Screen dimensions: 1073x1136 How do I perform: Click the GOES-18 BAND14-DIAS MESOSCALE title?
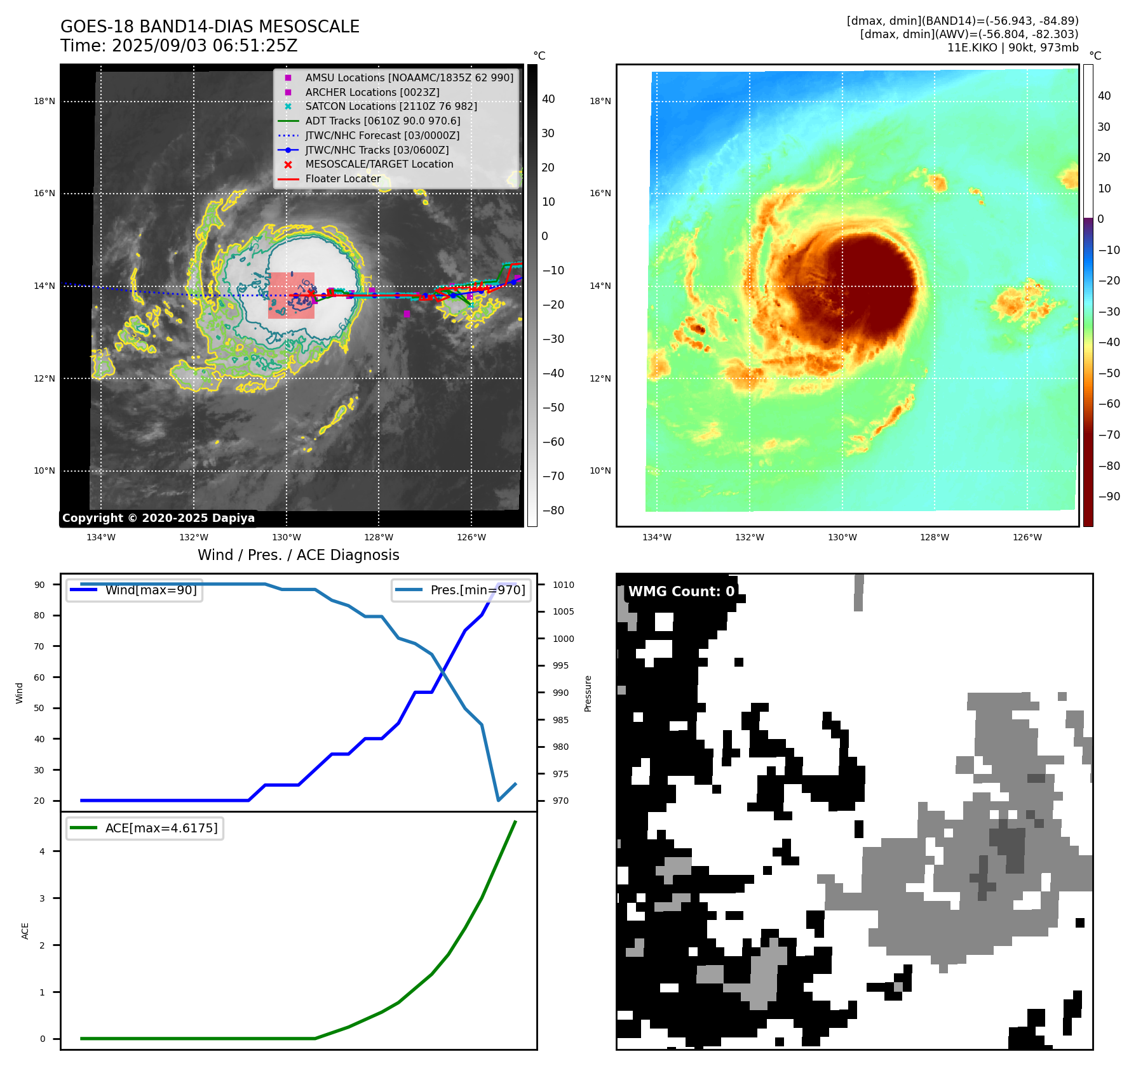pyautogui.click(x=210, y=27)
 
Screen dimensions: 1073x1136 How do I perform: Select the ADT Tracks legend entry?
pyautogui.click(x=382, y=121)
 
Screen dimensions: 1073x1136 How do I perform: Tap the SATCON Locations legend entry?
pyautogui.click(x=391, y=106)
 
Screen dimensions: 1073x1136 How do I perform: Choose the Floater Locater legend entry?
pyautogui.click(x=342, y=178)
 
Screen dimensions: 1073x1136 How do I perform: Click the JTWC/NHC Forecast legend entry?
pyautogui.click(x=382, y=135)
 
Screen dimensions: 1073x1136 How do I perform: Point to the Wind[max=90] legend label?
pyautogui.click(x=151, y=590)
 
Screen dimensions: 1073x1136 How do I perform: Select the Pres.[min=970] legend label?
pyautogui.click(x=478, y=590)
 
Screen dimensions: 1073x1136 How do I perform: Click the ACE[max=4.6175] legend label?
pyautogui.click(x=161, y=828)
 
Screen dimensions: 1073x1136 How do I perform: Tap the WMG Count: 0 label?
pyautogui.click(x=681, y=591)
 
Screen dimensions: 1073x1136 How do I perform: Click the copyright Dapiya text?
pyautogui.click(x=158, y=518)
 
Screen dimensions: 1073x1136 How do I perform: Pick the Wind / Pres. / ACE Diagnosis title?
pyautogui.click(x=299, y=555)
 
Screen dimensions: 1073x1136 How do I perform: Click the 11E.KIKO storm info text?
pyautogui.click(x=1012, y=48)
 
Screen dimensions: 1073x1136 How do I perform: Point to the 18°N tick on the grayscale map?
pyautogui.click(x=44, y=101)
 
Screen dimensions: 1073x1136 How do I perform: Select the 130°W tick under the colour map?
pyautogui.click(x=842, y=537)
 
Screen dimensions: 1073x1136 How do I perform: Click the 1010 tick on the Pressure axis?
pyautogui.click(x=563, y=585)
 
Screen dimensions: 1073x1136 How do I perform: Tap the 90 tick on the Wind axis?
pyautogui.click(x=39, y=585)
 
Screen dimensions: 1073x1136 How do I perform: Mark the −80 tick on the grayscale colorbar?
pyautogui.click(x=553, y=510)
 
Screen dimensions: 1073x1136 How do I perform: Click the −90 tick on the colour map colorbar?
pyautogui.click(x=1109, y=497)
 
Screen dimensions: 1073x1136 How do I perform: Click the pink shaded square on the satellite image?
pyautogui.click(x=291, y=295)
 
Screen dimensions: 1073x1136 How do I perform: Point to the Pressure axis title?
pyautogui.click(x=588, y=693)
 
